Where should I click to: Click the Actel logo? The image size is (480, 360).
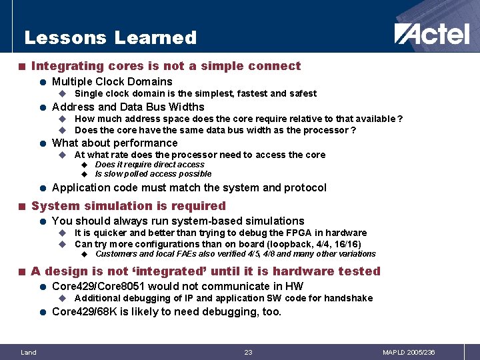[x=431, y=34]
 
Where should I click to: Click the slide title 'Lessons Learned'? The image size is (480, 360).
[x=110, y=38]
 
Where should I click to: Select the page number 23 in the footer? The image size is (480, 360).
[x=248, y=352]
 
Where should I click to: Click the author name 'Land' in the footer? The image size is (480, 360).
[x=28, y=352]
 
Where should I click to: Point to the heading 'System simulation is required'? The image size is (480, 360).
[x=129, y=206]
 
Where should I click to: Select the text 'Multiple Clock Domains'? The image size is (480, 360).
[x=112, y=82]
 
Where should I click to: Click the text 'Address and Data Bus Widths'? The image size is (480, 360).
[x=128, y=107]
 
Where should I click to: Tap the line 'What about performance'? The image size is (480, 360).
[x=115, y=143]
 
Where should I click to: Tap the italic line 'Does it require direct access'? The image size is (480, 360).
[x=150, y=165]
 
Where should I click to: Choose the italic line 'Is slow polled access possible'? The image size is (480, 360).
[x=153, y=174]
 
